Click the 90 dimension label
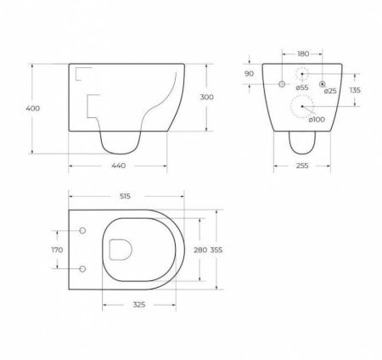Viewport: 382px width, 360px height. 249,74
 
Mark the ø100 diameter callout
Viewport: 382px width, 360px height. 314,119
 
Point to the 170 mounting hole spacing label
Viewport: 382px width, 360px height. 56,250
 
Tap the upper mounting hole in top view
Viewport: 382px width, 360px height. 82,230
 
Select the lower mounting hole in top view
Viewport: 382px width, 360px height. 82,269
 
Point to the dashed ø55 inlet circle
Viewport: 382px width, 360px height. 302,76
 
